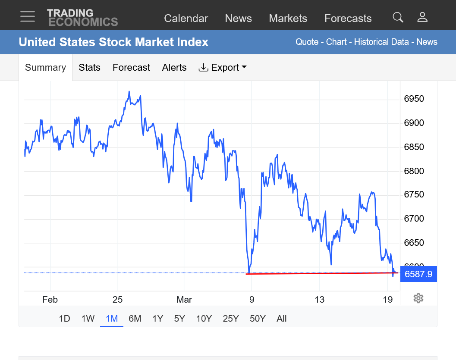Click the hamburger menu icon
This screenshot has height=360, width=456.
[x=28, y=16]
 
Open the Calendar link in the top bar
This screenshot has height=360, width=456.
[x=186, y=19]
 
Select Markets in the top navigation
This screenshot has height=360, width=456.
[x=288, y=19]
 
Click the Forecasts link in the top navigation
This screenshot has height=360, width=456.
[x=348, y=19]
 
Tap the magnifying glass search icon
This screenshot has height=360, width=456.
[x=398, y=17]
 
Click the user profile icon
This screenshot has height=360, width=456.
[x=422, y=17]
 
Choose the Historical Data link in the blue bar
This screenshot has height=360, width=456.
[x=381, y=42]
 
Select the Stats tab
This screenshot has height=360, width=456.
[x=89, y=68]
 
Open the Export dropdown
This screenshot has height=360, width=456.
[x=223, y=68]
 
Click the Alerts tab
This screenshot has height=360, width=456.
[x=174, y=68]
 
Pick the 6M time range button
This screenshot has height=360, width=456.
[x=135, y=319]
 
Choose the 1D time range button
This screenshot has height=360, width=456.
[x=64, y=319]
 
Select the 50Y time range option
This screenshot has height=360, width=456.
[x=258, y=319]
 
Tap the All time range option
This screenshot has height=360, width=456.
[x=282, y=319]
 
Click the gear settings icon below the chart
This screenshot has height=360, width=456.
[x=418, y=298]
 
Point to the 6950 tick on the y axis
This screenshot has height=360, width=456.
[x=414, y=99]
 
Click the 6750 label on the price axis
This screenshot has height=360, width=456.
[x=414, y=195]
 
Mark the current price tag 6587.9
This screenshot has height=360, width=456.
[x=418, y=274]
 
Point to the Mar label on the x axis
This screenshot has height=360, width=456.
[x=184, y=300]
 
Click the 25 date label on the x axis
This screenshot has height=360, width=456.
[x=117, y=300]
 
